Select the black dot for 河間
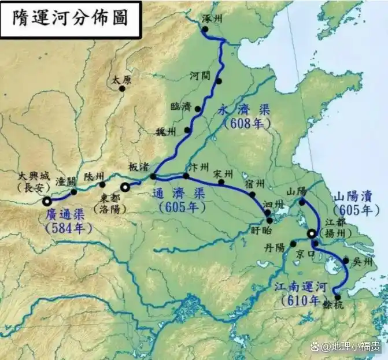pos(219,81)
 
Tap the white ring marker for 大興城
pos(46,201)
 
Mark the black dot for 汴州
pos(186,176)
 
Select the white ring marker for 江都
pos(311,233)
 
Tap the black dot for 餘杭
pos(338,298)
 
